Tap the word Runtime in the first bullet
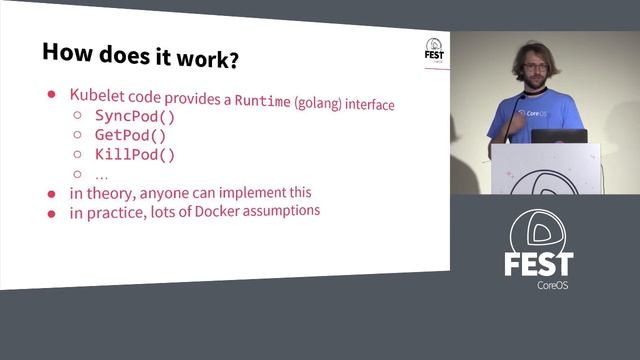coord(263,102)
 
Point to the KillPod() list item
coord(135,154)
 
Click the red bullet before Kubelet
coord(52,94)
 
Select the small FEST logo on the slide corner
coord(435,50)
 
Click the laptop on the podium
coord(558,136)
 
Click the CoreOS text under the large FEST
coord(539,286)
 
